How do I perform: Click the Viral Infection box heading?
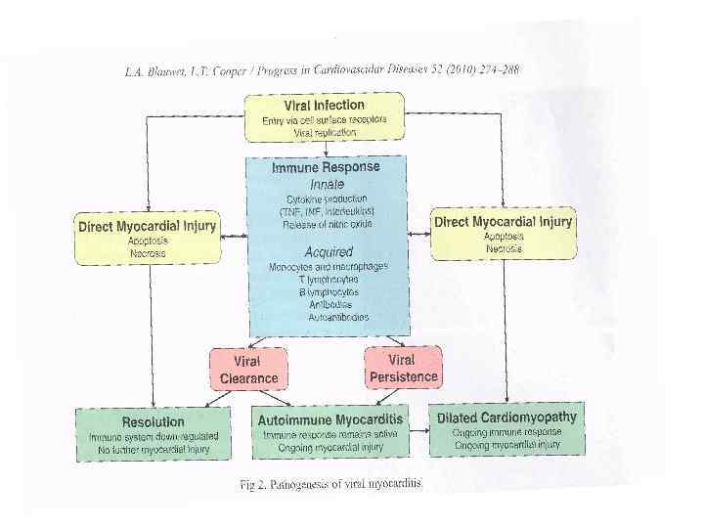[324, 104]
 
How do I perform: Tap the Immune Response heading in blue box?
[326, 167]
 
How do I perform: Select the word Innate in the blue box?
[327, 183]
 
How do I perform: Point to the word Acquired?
[328, 251]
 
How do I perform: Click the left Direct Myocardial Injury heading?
[147, 226]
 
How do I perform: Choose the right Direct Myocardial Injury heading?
[503, 222]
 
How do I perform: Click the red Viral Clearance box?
[249, 370]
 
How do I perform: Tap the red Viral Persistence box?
[403, 368]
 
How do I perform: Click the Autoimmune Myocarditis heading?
[330, 419]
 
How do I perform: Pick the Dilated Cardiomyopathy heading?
[506, 417]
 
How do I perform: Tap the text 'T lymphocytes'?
[327, 279]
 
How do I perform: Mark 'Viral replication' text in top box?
[325, 131]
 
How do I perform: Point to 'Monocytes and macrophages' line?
[329, 266]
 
